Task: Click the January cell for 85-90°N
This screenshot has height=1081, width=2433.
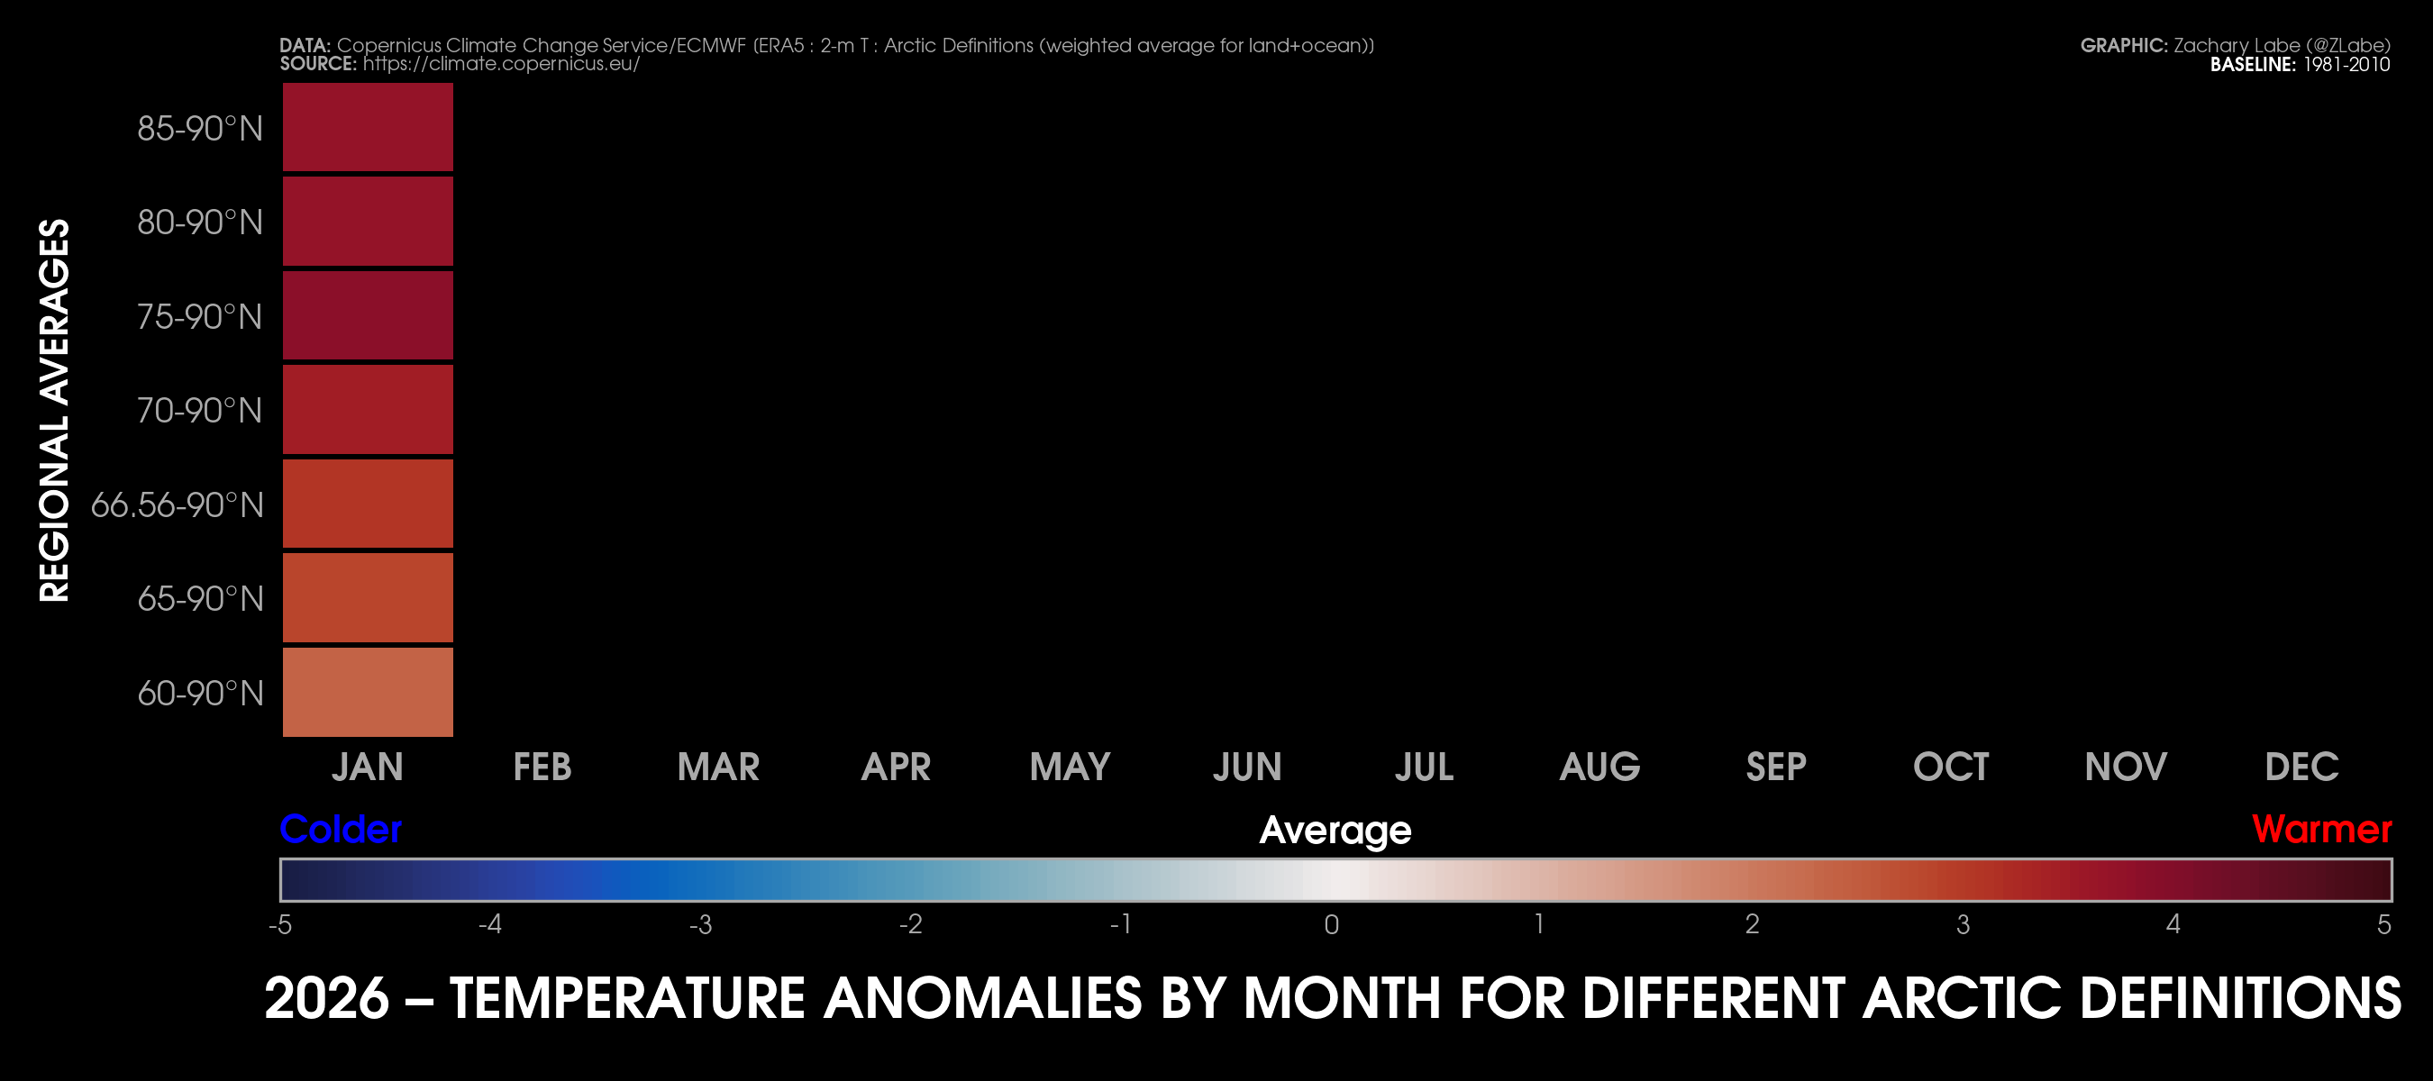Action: [x=368, y=127]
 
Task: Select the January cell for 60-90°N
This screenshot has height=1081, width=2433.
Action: [x=368, y=692]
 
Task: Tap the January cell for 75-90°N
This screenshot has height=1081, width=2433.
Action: [x=368, y=315]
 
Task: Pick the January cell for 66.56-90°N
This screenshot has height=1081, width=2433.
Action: [x=368, y=504]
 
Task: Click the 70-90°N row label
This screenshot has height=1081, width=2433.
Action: [x=199, y=411]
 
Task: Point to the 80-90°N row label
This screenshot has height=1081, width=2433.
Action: [x=199, y=223]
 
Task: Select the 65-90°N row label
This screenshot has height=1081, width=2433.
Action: [x=199, y=598]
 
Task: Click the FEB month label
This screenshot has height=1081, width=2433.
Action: [x=542, y=767]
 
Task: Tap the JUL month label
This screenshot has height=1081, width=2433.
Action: [x=1425, y=767]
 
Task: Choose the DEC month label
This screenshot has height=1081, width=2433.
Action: [x=2301, y=767]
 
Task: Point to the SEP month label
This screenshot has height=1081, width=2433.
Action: [x=1775, y=767]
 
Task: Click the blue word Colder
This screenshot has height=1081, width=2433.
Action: [x=341, y=829]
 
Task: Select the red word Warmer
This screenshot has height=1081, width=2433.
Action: [x=2321, y=829]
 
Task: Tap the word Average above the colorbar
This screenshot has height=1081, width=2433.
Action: [x=1335, y=831]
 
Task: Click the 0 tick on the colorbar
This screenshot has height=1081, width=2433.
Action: [x=1332, y=924]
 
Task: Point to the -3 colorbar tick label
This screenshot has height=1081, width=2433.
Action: [x=700, y=924]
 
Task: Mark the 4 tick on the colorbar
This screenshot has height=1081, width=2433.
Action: [x=2173, y=924]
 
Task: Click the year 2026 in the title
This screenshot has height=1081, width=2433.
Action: [x=327, y=998]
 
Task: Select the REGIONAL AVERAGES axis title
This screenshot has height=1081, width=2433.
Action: [x=55, y=410]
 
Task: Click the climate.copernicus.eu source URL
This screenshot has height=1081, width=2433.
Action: [x=502, y=63]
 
